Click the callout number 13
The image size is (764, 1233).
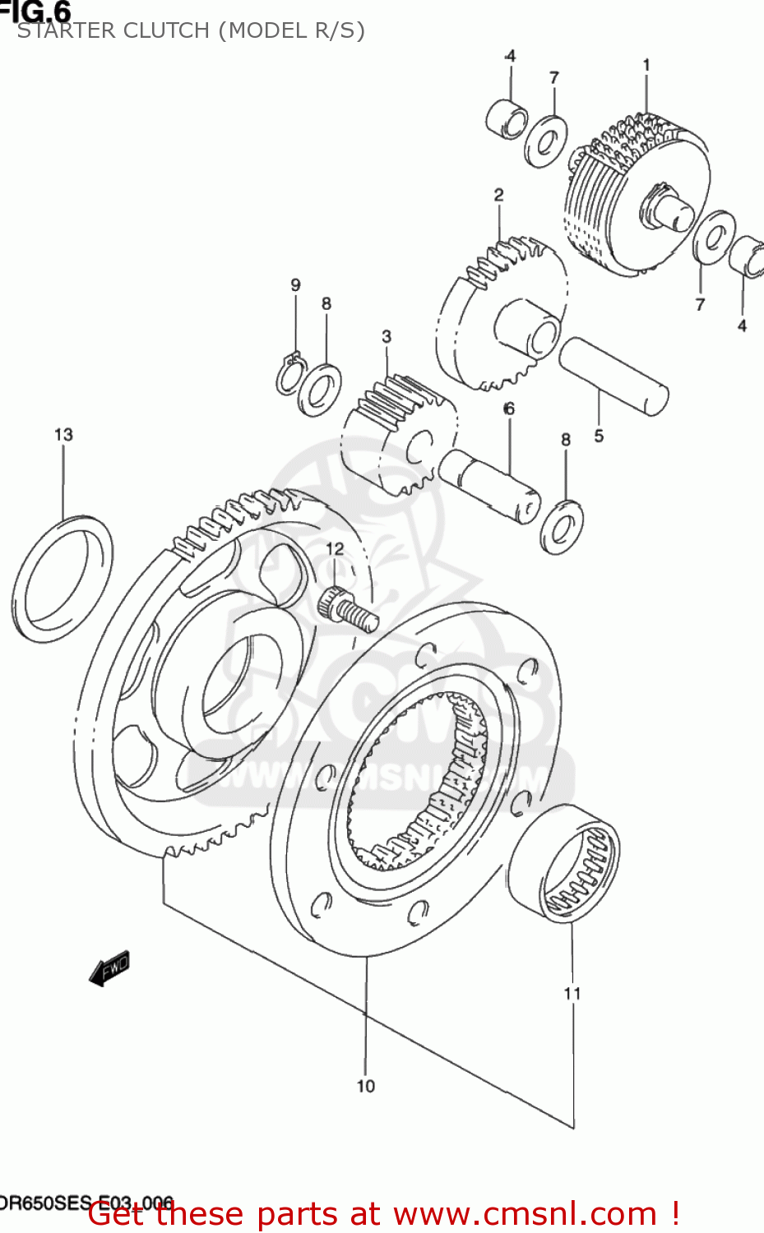(x=63, y=434)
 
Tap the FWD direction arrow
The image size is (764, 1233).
(x=110, y=968)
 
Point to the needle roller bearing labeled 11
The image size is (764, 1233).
(x=564, y=864)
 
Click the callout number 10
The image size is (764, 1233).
(x=366, y=1086)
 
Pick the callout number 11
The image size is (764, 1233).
(x=572, y=993)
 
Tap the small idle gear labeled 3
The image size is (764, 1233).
(x=399, y=432)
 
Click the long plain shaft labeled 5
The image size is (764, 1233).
(x=613, y=374)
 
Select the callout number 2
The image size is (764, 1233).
(x=498, y=195)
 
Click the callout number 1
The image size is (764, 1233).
(x=646, y=64)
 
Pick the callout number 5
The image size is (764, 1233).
(x=599, y=436)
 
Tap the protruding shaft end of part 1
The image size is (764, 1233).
(x=672, y=212)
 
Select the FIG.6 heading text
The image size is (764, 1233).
(x=36, y=11)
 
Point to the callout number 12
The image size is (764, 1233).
(x=335, y=548)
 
